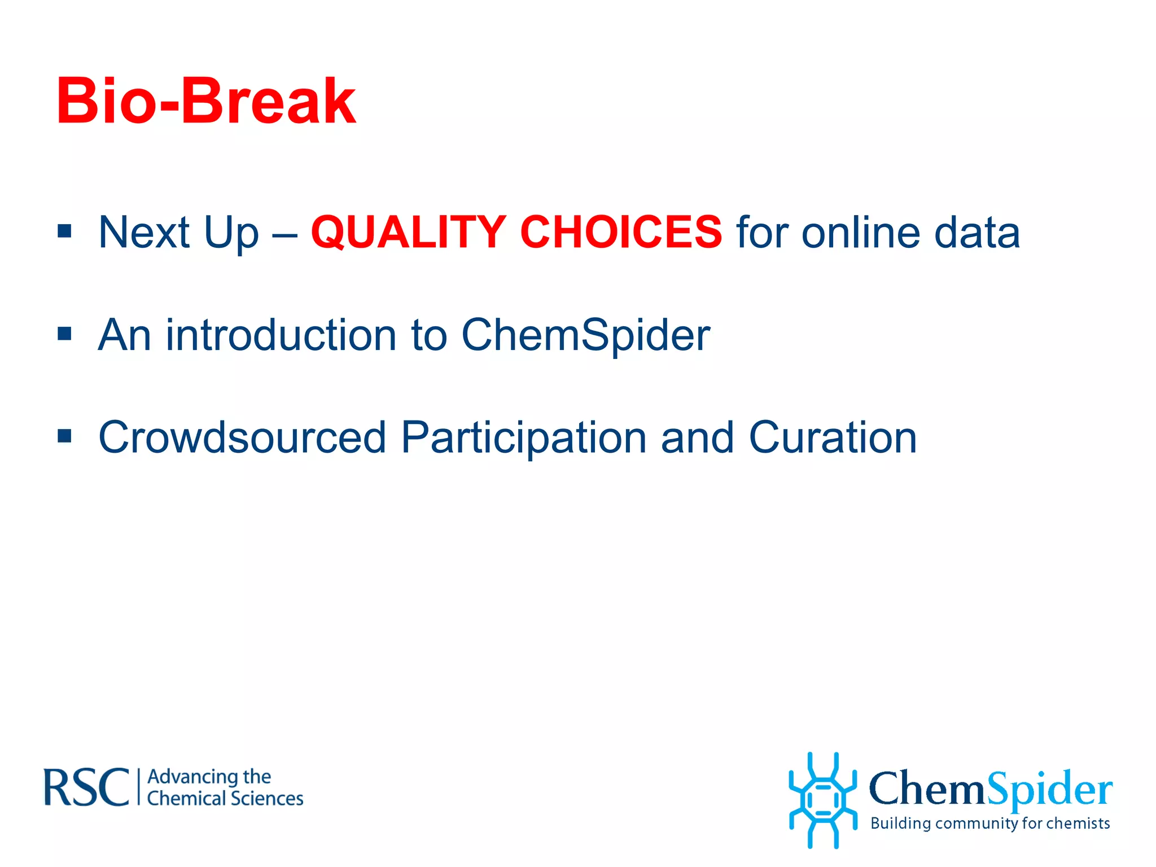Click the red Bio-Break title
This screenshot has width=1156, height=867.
pyautogui.click(x=206, y=102)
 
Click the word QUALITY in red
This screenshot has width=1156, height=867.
pyautogui.click(x=408, y=232)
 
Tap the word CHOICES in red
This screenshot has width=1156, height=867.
pyautogui.click(x=620, y=232)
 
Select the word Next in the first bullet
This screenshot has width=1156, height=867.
pyautogui.click(x=144, y=232)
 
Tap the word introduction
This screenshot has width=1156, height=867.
pyautogui.click(x=281, y=335)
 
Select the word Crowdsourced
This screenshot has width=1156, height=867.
pyautogui.click(x=242, y=437)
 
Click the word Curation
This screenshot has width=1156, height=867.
pyautogui.click(x=833, y=437)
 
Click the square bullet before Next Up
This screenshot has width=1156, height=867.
pyautogui.click(x=64, y=231)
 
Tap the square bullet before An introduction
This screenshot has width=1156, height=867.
pyautogui.click(x=64, y=334)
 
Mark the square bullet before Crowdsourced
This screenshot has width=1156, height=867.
pyautogui.click(x=64, y=436)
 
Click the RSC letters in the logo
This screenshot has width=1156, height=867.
pyautogui.click(x=87, y=787)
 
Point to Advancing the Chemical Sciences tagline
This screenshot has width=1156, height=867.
pyautogui.click(x=225, y=788)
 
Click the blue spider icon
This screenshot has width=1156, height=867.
pyautogui.click(x=822, y=800)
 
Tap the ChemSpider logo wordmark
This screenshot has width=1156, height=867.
pyautogui.click(x=991, y=788)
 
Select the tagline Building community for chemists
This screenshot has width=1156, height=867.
pyautogui.click(x=990, y=824)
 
